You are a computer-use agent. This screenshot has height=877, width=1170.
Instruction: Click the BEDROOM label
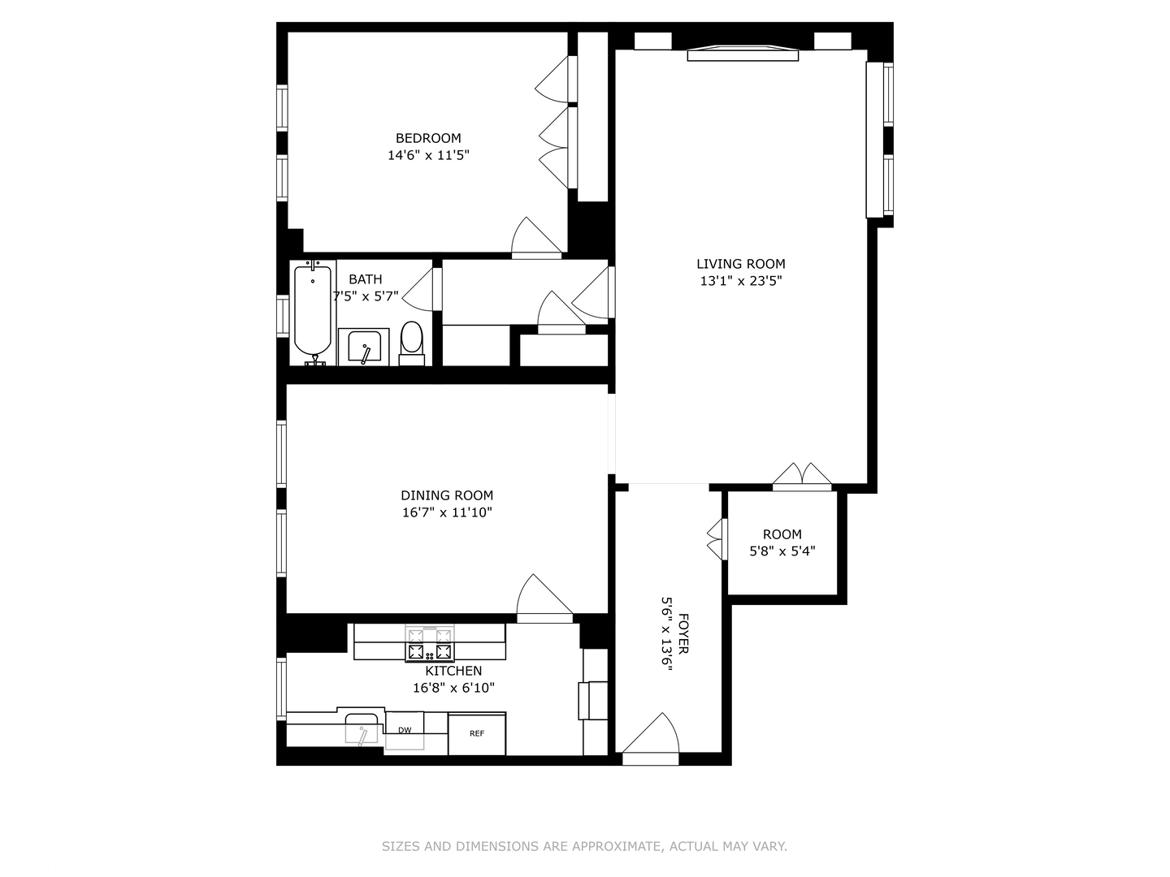[428, 138]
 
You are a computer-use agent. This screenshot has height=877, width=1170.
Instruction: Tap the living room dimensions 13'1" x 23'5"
[741, 281]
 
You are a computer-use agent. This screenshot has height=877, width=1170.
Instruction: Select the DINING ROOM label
[447, 495]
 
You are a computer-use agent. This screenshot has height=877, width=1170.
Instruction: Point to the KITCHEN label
[453, 671]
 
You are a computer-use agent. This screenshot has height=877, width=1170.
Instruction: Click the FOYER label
[682, 633]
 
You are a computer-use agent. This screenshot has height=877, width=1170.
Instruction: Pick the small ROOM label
[782, 534]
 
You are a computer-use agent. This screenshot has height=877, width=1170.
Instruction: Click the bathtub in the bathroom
[313, 313]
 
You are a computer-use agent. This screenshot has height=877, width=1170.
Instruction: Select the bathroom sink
[363, 348]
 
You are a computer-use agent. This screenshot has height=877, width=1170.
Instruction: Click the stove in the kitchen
[430, 643]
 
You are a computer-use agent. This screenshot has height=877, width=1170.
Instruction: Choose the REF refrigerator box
[477, 734]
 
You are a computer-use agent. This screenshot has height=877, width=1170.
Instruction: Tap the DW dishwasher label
[405, 730]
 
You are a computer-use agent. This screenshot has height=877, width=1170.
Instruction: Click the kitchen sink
[362, 728]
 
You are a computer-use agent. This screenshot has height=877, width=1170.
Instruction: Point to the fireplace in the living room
[743, 54]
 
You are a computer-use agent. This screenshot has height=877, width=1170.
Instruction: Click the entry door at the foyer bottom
[651, 741]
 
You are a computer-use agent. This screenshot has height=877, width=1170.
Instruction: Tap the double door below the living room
[802, 477]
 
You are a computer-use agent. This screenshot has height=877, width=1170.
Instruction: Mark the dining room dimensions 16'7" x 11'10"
[447, 512]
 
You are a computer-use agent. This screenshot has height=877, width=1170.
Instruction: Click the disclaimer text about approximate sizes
[584, 846]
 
